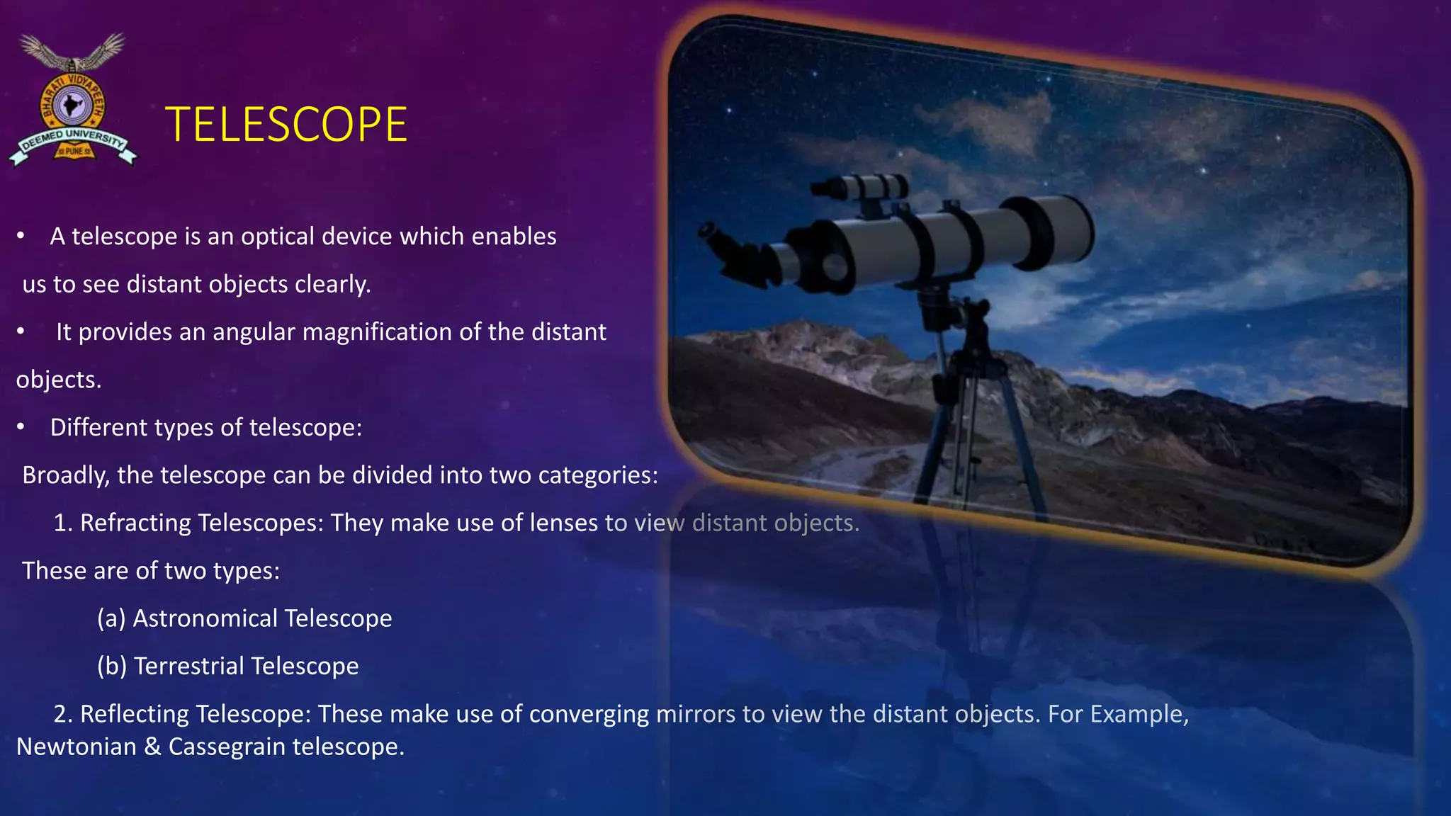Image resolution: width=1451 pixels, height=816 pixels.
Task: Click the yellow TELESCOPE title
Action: click(x=286, y=125)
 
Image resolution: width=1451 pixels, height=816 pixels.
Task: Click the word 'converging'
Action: click(x=589, y=714)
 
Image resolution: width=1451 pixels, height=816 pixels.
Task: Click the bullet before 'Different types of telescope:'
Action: click(x=21, y=427)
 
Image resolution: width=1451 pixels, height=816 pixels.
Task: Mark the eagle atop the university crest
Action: click(x=72, y=51)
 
